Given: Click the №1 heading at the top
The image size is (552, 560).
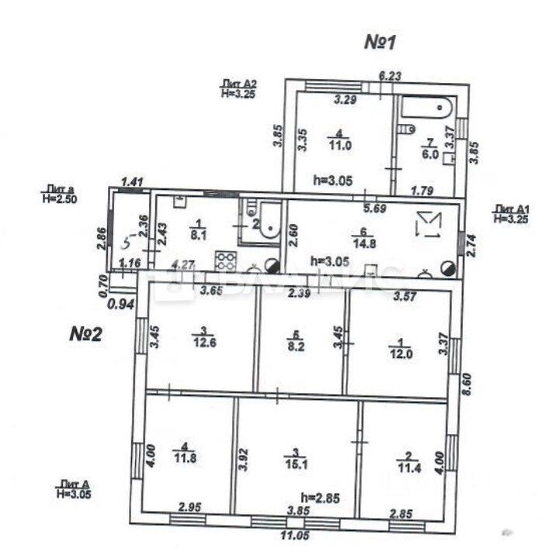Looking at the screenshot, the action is (380, 42).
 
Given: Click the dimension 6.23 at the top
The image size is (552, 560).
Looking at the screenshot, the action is (391, 76).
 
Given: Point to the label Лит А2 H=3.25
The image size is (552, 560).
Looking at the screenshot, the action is (239, 87).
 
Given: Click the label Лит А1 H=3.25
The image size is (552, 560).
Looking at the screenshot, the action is (512, 213).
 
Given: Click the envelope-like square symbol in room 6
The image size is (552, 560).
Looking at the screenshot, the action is (428, 225).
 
